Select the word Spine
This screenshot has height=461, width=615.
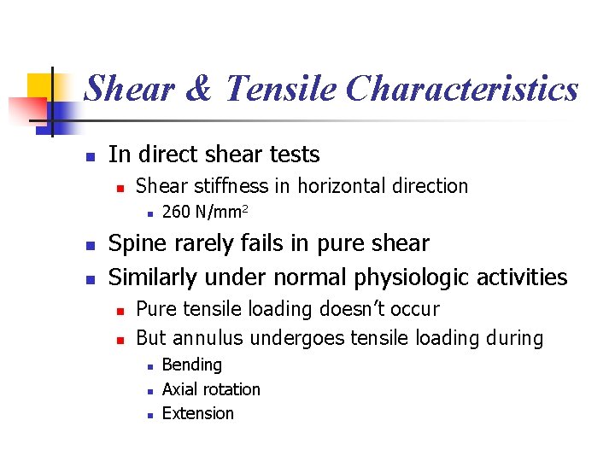(x=138, y=244)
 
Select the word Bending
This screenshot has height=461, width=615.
(x=191, y=365)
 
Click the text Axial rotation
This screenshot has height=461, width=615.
(x=211, y=389)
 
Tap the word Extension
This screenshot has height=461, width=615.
(x=197, y=413)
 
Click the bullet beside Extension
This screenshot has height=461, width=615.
(x=149, y=415)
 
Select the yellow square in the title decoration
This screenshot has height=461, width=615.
(x=40, y=86)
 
